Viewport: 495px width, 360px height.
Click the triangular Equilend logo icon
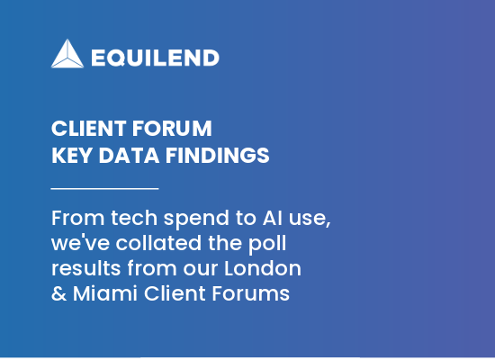coord(68,54)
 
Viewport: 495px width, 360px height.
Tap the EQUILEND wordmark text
coord(155,58)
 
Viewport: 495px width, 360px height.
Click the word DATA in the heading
coord(124,155)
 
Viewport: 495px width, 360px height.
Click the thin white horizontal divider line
coord(104,188)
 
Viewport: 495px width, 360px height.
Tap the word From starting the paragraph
coord(75,220)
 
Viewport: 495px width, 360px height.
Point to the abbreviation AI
coord(274,220)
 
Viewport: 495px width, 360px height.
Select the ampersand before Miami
coord(58,293)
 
